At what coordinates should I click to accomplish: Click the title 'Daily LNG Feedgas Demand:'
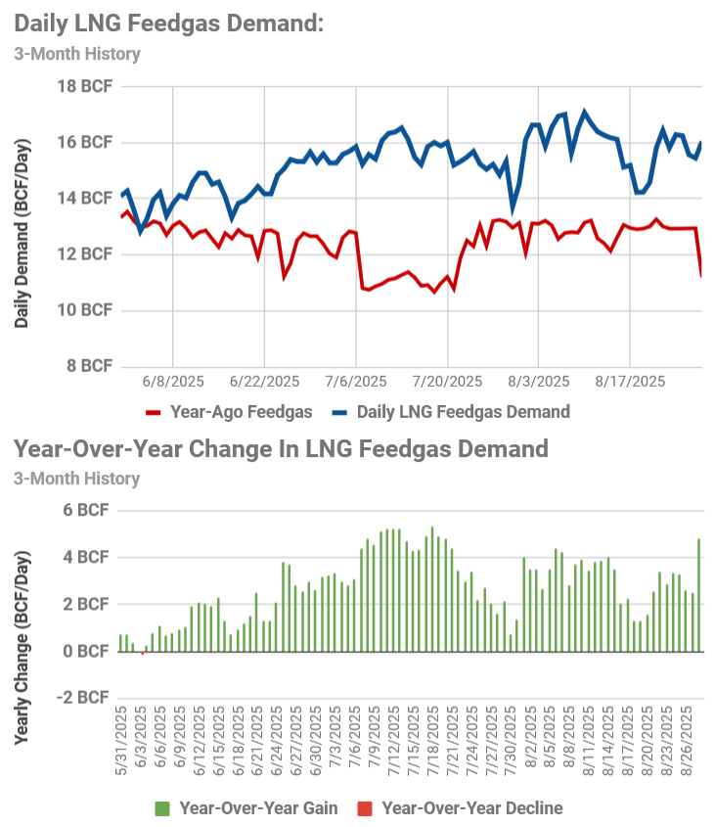[x=168, y=23]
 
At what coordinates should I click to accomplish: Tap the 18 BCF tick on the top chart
[x=83, y=86]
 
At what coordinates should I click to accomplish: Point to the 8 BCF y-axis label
[x=87, y=366]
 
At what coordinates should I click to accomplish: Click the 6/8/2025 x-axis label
[x=173, y=381]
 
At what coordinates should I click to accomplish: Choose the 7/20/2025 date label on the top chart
[x=447, y=381]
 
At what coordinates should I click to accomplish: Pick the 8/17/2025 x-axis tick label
[x=630, y=381]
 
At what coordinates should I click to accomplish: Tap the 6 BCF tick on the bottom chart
[x=87, y=510]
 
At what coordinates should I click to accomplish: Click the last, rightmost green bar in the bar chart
[x=698, y=595]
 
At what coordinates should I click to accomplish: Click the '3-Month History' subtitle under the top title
[x=77, y=54]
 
